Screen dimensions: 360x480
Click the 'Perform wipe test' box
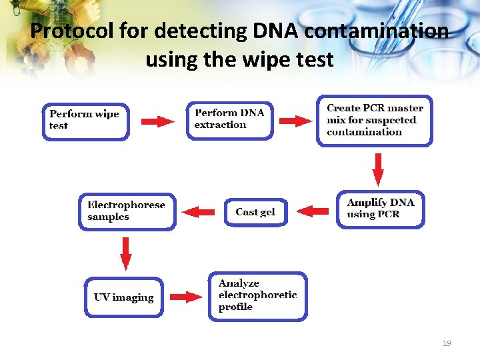[x=85, y=121]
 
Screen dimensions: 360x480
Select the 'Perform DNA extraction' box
[x=229, y=120]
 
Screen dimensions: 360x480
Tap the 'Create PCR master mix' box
[x=374, y=121]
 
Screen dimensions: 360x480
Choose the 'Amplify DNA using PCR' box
[x=380, y=209]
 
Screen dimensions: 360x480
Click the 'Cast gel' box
[x=256, y=212]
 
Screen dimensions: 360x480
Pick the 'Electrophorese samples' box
[x=127, y=211]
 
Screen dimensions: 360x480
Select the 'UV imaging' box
[x=124, y=297]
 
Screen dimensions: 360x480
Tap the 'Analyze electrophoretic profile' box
[x=257, y=296]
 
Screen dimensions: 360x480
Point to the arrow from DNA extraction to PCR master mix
[x=295, y=121]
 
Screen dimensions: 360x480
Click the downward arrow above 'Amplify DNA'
[x=378, y=169]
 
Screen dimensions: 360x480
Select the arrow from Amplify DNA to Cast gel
[x=313, y=211]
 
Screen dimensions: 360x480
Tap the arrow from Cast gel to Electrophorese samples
[x=198, y=212]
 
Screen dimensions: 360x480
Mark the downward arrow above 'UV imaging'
[x=125, y=253]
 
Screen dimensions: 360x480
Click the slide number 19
[x=447, y=343]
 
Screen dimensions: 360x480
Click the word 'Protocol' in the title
[x=72, y=31]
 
